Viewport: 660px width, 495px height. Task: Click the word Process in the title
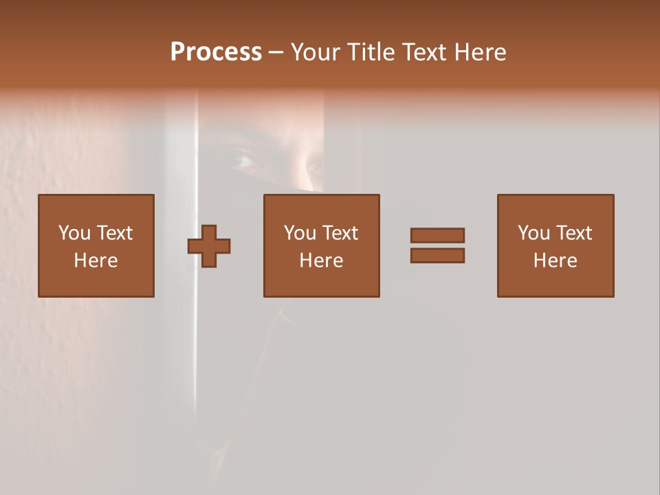click(x=216, y=52)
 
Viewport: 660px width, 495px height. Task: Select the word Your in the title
click(x=316, y=52)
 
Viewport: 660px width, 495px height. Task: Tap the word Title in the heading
click(x=369, y=52)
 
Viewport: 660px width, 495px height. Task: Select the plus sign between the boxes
click(x=209, y=246)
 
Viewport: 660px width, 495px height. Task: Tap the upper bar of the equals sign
click(x=437, y=235)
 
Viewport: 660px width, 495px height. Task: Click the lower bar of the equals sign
click(x=437, y=255)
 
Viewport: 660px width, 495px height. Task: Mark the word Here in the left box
click(x=96, y=261)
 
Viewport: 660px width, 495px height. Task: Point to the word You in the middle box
click(x=300, y=233)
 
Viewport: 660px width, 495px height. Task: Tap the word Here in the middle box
click(x=321, y=261)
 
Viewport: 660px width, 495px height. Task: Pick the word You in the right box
click(x=534, y=233)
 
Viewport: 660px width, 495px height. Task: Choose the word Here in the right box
click(x=555, y=261)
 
